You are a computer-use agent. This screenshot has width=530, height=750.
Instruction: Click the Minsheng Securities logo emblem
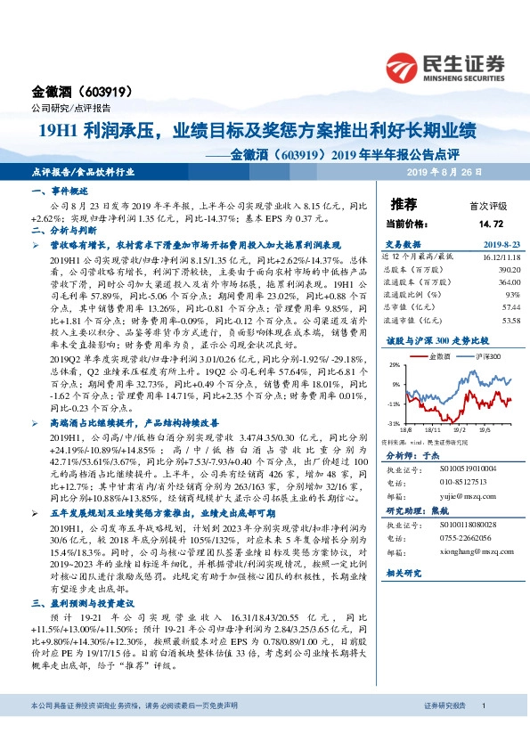point(404,66)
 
